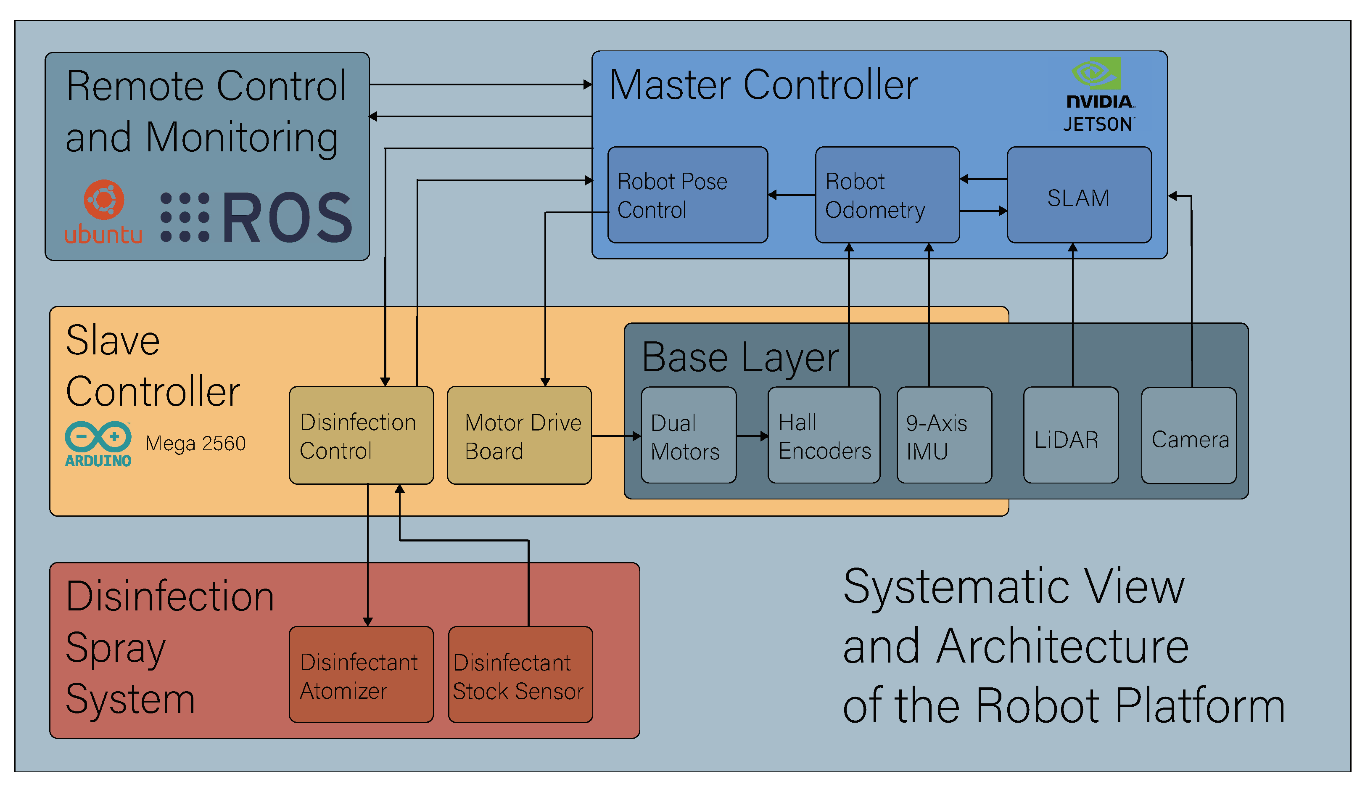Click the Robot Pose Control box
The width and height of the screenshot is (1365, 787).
687,195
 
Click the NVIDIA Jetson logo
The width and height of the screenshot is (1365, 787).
1098,95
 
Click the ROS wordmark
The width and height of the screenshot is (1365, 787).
286,217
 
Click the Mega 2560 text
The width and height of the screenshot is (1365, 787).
195,443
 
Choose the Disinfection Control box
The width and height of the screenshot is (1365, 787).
361,435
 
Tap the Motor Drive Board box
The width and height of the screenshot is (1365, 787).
519,435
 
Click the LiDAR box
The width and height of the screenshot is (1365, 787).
1070,435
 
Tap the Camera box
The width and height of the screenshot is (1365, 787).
1188,435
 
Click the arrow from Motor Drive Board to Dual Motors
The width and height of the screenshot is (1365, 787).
616,436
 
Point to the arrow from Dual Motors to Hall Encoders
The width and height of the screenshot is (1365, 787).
752,436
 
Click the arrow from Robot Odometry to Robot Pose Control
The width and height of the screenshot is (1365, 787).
791,195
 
